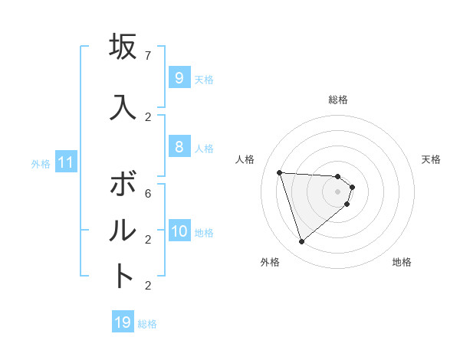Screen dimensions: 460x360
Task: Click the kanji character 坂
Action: pyautogui.click(x=123, y=47)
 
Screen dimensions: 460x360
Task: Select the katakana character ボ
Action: pyautogui.click(x=123, y=185)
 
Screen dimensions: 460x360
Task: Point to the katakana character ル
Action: pyautogui.click(x=123, y=230)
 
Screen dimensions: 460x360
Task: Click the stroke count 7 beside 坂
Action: pyautogui.click(x=148, y=56)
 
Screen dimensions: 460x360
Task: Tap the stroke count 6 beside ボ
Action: pyautogui.click(x=148, y=194)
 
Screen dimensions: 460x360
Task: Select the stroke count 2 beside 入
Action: pyautogui.click(x=148, y=116)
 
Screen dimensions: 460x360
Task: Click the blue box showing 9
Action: pyautogui.click(x=178, y=78)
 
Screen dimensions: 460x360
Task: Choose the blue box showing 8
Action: pyautogui.click(x=178, y=147)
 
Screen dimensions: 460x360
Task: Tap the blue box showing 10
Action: pyautogui.click(x=179, y=231)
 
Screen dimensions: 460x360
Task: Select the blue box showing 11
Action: pyautogui.click(x=66, y=162)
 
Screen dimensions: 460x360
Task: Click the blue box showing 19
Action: pyautogui.click(x=123, y=322)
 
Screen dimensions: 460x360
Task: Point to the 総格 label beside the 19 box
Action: pyautogui.click(x=147, y=324)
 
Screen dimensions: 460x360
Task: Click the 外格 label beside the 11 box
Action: pyautogui.click(x=41, y=164)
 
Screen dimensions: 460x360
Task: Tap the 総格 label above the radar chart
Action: pyautogui.click(x=338, y=100)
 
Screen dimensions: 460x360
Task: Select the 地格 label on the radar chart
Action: pyautogui.click(x=402, y=262)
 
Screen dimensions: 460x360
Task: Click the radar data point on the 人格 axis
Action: pyautogui.click(x=279, y=172)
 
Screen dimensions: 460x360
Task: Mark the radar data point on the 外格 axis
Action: pyautogui.click(x=301, y=242)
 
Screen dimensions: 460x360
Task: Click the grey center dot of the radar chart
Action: pyautogui.click(x=337, y=202)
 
